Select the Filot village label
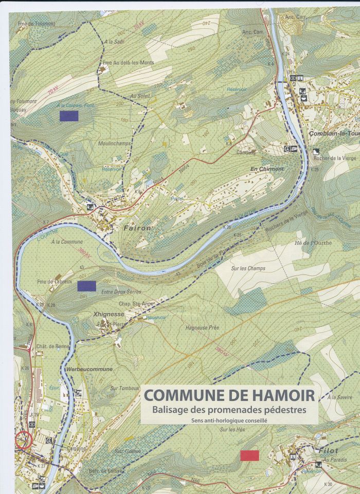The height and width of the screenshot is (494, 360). (329, 450)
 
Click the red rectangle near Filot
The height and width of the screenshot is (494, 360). (249, 455)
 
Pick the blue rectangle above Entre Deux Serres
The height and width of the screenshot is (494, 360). (87, 286)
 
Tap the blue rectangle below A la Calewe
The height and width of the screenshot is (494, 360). (69, 116)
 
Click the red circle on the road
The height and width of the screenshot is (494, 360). (24, 440)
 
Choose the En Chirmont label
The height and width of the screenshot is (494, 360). (267, 169)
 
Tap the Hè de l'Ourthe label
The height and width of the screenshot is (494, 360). (313, 243)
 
